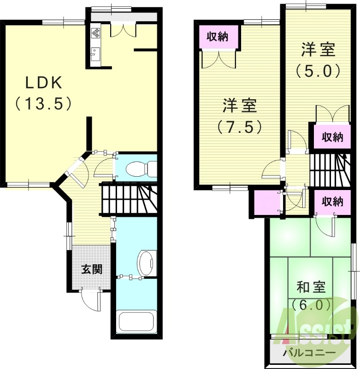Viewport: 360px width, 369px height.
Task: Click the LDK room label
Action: click(x=44, y=83)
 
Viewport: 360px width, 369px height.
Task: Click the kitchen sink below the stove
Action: click(x=96, y=54)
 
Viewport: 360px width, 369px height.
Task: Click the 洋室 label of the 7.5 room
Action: click(x=240, y=106)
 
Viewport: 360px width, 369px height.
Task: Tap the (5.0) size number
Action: click(x=318, y=70)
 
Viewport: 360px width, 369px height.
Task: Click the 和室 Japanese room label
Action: click(x=311, y=287)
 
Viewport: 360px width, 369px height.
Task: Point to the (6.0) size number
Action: click(x=311, y=305)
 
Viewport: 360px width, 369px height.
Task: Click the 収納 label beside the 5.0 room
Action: click(x=332, y=137)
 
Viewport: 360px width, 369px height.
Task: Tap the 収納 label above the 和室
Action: click(x=332, y=201)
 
